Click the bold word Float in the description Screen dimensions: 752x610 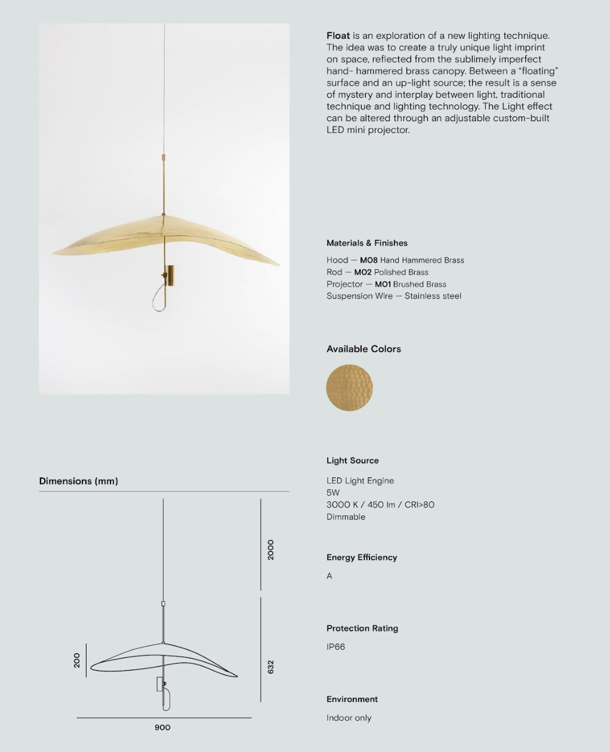338,36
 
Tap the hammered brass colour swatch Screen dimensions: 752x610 349,388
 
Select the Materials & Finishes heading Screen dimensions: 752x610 366,243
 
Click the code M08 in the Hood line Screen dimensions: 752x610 368,260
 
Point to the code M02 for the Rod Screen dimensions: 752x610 362,272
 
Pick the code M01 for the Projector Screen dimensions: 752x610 383,284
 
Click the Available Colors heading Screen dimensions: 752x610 363,349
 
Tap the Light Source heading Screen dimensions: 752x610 352,461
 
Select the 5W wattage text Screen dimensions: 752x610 333,493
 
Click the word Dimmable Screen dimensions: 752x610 346,517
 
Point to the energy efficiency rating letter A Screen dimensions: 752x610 329,576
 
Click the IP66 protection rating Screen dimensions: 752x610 335,647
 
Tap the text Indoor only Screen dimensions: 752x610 349,718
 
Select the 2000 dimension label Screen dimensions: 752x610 271,550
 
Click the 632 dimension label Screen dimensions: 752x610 271,667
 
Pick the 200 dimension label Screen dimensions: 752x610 77,660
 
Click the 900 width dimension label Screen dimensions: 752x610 162,728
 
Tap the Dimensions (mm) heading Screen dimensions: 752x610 78,481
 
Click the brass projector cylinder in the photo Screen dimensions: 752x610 170,276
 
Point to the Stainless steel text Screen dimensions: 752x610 433,296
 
